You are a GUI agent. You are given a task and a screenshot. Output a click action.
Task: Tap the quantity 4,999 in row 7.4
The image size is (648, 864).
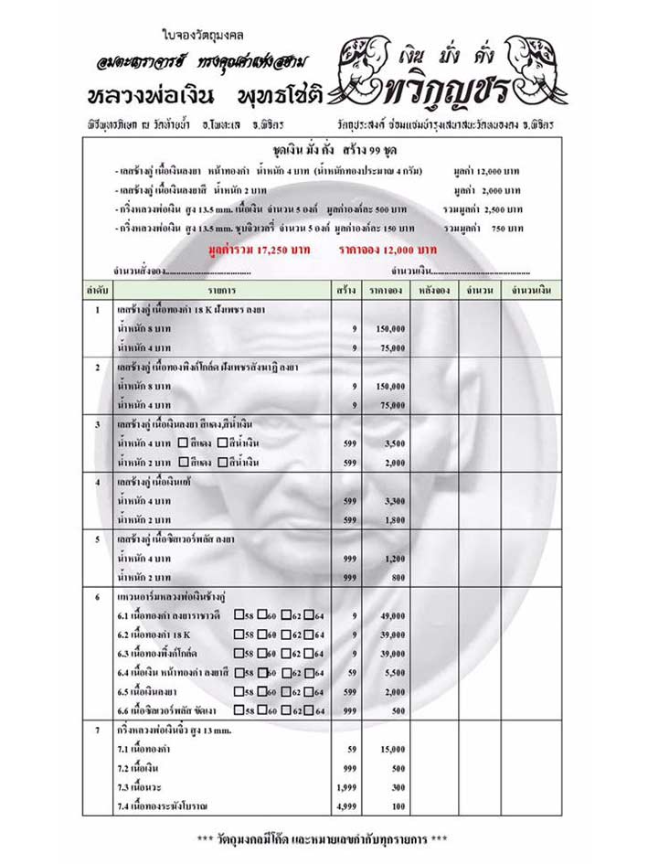coord(345,805)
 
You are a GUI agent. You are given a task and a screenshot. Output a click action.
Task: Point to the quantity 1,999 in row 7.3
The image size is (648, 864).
coord(345,786)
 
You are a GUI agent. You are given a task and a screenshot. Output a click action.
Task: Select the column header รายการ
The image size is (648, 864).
coord(222,290)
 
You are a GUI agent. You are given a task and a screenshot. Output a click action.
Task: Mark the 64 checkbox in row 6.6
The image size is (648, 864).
coord(309,709)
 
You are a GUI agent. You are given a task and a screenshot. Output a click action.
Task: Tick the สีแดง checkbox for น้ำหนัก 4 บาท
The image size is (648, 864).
coord(184,443)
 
